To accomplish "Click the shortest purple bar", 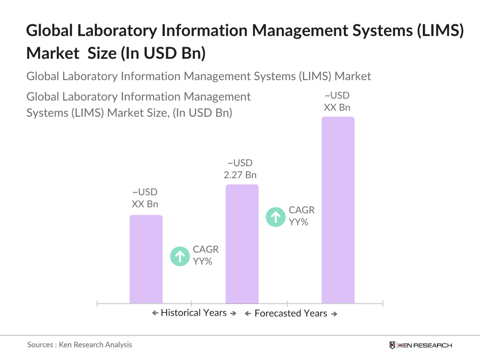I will point(146,259).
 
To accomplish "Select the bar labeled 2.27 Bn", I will point(242,244).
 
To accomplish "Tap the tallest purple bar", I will point(338,210).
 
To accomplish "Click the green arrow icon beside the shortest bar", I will point(180,256).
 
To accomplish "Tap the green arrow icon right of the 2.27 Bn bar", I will point(276,217).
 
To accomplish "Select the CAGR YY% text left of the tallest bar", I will point(302,216).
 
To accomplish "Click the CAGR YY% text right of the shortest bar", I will point(206,255).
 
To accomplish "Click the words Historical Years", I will point(194,313).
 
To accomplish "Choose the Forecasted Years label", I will point(291,313).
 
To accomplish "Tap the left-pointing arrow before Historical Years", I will point(155,313).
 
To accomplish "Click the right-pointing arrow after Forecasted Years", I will point(334,314).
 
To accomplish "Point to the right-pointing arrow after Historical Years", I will point(233,313).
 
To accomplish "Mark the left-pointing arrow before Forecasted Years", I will point(248,314).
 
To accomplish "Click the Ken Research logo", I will point(421,345).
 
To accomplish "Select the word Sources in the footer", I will point(40,345).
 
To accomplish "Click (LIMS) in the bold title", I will point(440,31).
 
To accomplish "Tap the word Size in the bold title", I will point(102,53).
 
